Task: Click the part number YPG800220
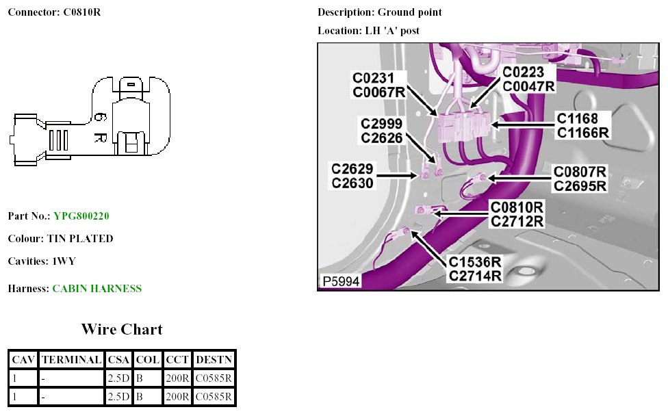coord(81,216)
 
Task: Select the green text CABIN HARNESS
coord(97,289)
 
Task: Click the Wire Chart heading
coord(122,329)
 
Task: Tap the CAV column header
coord(23,359)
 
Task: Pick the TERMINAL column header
coord(71,359)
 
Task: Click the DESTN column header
coord(214,359)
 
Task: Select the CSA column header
coord(118,359)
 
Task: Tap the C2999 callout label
coord(381,124)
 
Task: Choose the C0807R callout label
coord(580,172)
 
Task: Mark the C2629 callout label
coord(353,169)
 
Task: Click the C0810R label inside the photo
coord(517,207)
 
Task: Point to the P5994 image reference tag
coord(340,281)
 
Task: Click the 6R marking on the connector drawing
coord(98,127)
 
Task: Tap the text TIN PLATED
coord(80,239)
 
